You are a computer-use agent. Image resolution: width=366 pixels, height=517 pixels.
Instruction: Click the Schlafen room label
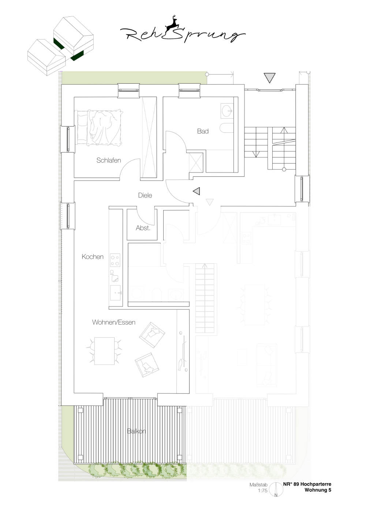[x=109, y=160]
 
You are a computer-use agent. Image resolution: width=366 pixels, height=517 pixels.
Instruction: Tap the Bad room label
[x=203, y=131]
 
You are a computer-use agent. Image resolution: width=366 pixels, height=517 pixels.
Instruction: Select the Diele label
[x=145, y=195]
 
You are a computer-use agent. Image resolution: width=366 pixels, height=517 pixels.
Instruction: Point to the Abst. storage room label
[x=143, y=228]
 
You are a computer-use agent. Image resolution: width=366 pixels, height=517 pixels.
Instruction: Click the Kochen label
[x=93, y=257]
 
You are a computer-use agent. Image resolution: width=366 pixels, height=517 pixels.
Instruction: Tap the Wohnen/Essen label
[x=114, y=322]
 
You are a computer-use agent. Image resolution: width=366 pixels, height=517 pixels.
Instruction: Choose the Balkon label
[x=136, y=431]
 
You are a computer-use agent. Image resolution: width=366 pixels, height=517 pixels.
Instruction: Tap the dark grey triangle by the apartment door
[x=197, y=191]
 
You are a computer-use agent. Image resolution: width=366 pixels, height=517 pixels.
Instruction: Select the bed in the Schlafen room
[x=99, y=127]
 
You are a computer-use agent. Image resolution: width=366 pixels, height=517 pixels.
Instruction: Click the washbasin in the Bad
[x=227, y=111]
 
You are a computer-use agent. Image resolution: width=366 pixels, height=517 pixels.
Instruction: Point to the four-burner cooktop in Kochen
[x=115, y=260]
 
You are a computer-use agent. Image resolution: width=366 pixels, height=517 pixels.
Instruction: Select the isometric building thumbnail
[x=60, y=46]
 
